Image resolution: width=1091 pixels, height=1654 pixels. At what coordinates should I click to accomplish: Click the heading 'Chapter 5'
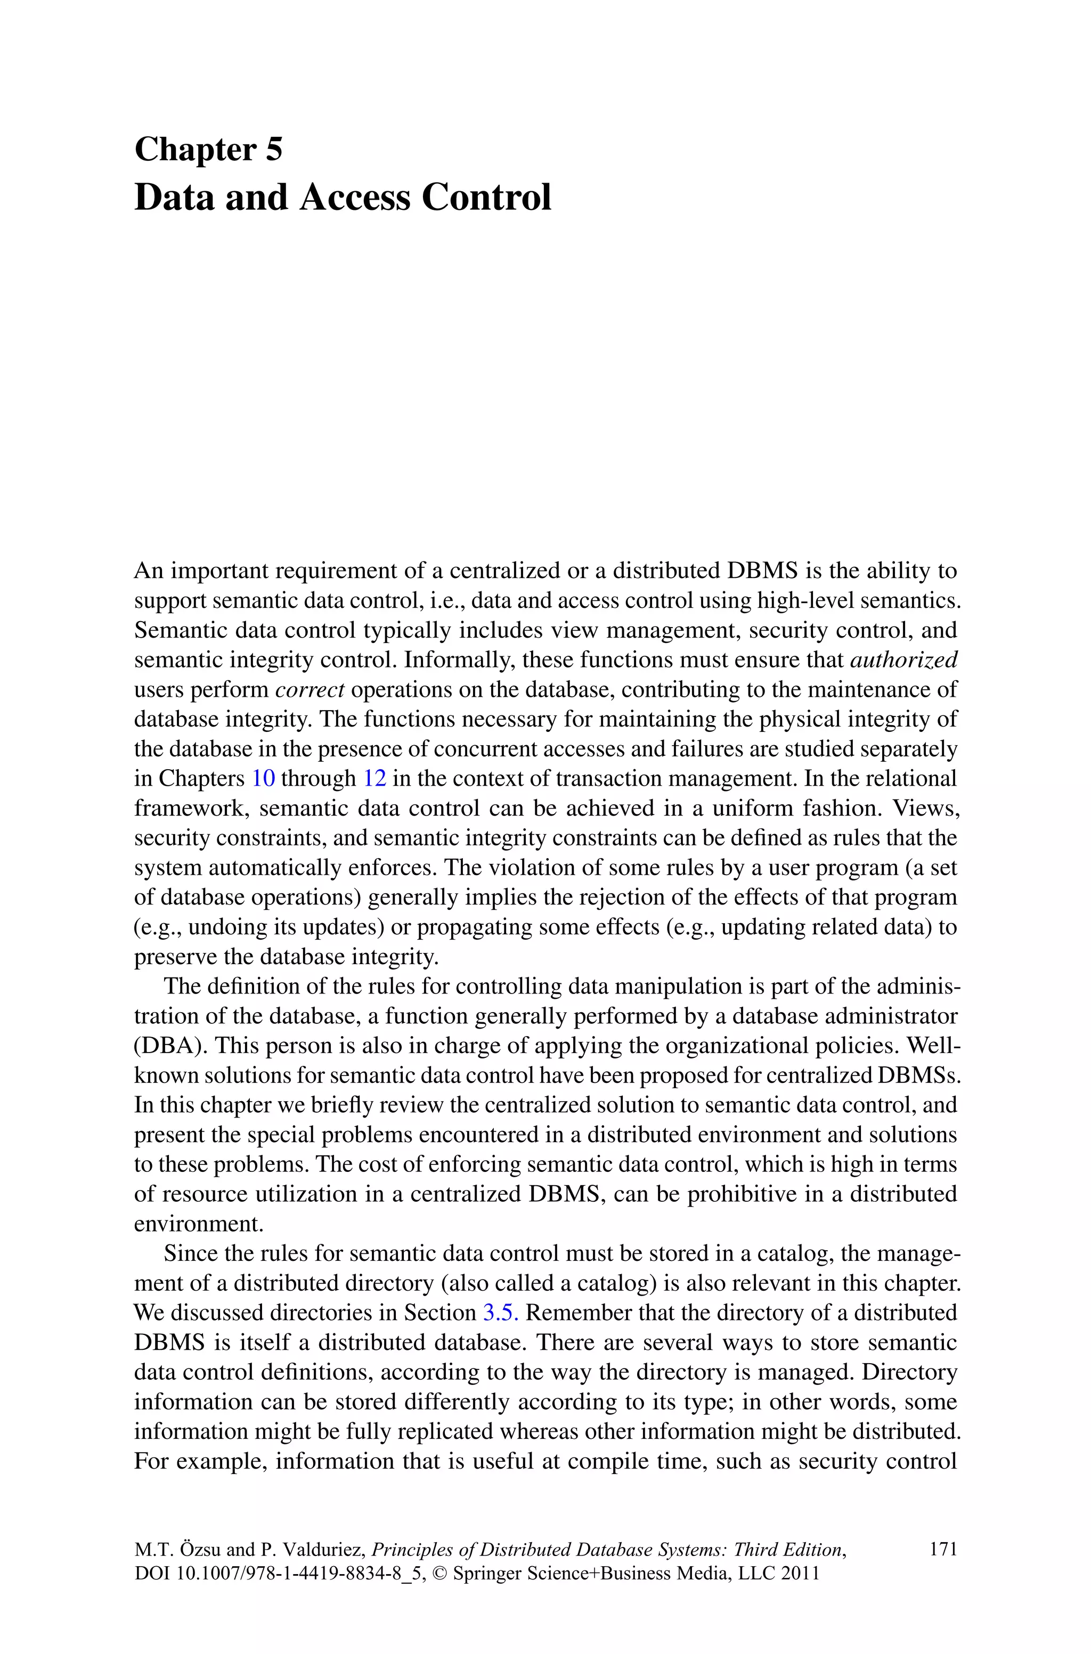(208, 150)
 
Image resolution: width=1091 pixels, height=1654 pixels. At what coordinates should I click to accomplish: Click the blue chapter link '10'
(263, 778)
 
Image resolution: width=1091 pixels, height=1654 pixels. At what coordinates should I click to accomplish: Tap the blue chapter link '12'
(374, 778)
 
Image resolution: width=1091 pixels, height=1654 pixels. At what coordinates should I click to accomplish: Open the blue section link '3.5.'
(501, 1313)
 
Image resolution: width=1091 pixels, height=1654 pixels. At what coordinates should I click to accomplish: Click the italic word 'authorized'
(904, 659)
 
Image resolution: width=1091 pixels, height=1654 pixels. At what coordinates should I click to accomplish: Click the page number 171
(943, 1549)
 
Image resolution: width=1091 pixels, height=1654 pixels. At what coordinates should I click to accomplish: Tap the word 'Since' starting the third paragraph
(184, 1253)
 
